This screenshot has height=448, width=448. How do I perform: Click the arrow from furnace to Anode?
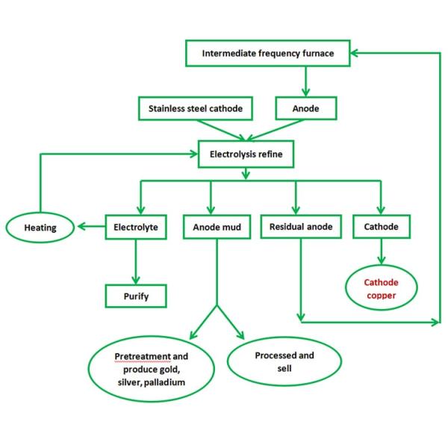(305, 81)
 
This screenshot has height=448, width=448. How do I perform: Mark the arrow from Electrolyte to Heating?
(91, 226)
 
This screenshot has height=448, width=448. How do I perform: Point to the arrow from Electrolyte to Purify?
(136, 262)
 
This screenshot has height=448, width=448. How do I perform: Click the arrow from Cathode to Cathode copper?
(381, 252)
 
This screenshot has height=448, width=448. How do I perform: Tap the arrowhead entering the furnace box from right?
(354, 53)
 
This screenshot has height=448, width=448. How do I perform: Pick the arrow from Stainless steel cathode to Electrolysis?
(221, 131)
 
